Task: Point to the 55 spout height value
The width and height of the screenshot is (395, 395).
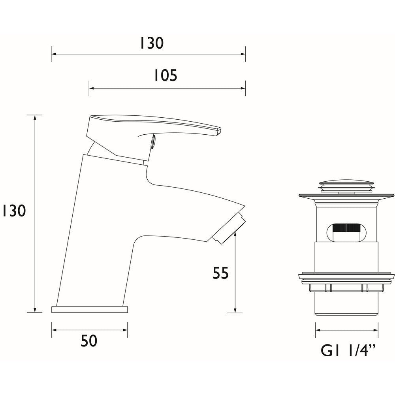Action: coord(221,273)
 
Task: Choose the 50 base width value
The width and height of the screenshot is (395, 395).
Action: coord(89,340)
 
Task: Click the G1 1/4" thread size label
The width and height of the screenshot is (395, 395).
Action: coord(347,350)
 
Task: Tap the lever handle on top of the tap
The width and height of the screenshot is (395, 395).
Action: coord(154,124)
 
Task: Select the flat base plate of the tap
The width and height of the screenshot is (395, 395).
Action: coord(90,308)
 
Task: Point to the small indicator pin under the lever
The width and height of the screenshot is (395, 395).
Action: coord(153,141)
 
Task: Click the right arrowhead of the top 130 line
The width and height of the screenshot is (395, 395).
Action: coord(243,54)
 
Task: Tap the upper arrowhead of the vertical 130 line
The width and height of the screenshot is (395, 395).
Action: coord(35,117)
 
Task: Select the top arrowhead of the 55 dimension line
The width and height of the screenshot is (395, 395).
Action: coord(235,235)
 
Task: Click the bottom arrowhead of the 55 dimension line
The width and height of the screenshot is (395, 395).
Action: coord(235,310)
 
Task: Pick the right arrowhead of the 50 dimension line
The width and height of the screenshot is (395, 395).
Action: coord(125,330)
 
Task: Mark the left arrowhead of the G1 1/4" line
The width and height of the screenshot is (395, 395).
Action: coord(318,330)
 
